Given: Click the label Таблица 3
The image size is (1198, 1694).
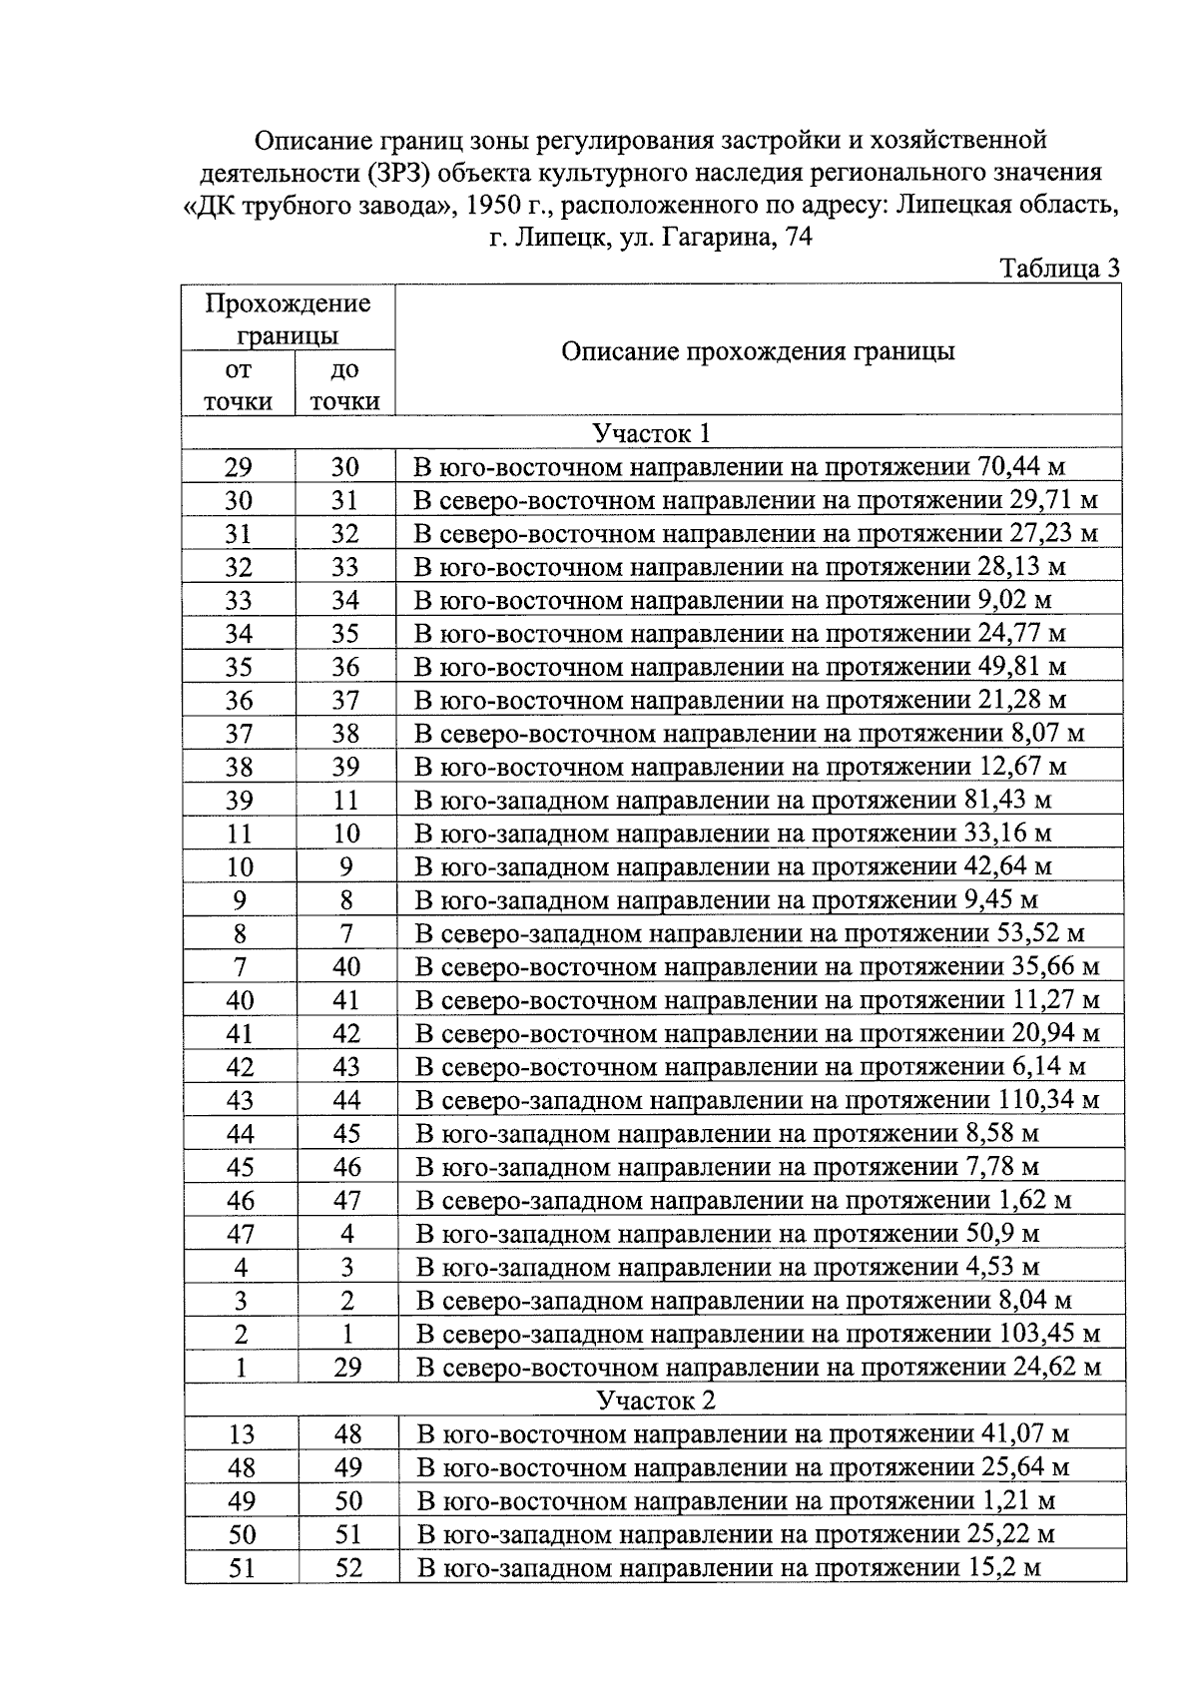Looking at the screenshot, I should click(x=1059, y=269).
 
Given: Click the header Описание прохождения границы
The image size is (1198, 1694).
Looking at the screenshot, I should click(x=758, y=351).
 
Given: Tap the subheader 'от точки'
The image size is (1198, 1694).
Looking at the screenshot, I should click(x=239, y=385).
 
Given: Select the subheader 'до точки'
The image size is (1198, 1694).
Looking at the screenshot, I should click(x=344, y=385).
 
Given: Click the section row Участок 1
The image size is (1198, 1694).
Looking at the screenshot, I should click(x=653, y=433).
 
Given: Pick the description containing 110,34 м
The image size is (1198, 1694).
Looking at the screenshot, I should click(x=757, y=1100).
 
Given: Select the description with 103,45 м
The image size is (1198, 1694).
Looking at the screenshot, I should click(x=758, y=1334).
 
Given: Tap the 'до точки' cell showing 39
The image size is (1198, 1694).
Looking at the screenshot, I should click(x=345, y=767).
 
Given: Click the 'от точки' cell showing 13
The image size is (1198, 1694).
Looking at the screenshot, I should click(x=241, y=1434).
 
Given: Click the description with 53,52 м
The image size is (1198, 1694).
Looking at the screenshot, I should click(x=750, y=933).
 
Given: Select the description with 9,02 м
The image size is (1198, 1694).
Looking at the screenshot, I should click(x=733, y=600).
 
